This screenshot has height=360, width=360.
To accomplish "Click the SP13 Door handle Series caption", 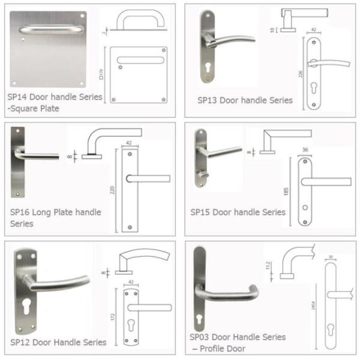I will [245, 100].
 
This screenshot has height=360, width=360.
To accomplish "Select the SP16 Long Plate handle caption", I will [55, 212].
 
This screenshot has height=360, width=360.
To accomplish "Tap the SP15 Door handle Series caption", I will [238, 212].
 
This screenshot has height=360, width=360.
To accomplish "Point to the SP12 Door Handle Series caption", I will [58, 342].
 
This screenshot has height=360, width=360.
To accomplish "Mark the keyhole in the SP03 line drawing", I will [330, 329].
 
